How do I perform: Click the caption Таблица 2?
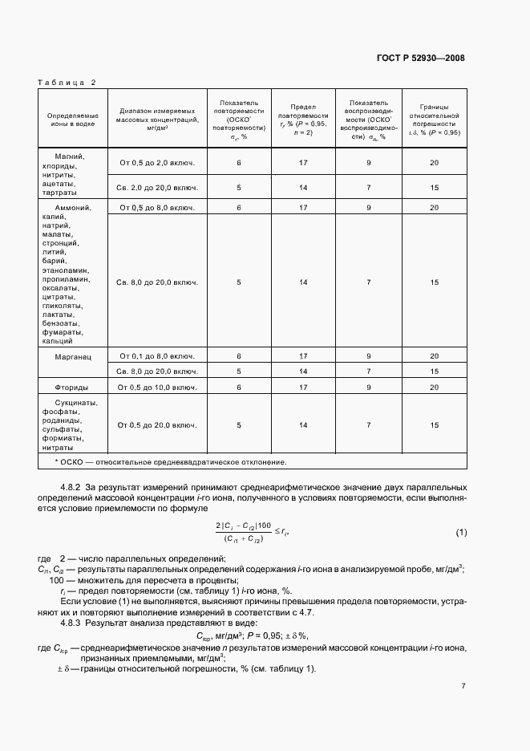click(x=67, y=82)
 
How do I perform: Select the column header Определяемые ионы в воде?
click(x=71, y=120)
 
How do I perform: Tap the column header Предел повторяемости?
click(x=303, y=120)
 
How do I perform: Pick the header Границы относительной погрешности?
click(x=434, y=120)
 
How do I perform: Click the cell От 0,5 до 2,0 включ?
click(x=157, y=163)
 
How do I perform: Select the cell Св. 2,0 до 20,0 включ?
click(x=157, y=188)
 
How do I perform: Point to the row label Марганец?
click(x=71, y=355)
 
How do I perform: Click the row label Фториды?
click(x=71, y=387)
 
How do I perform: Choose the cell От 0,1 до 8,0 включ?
click(x=157, y=355)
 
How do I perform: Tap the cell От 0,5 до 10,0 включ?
click(x=157, y=387)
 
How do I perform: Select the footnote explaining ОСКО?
click(x=170, y=462)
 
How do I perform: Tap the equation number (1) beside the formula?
click(x=461, y=532)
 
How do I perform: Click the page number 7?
click(x=463, y=686)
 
